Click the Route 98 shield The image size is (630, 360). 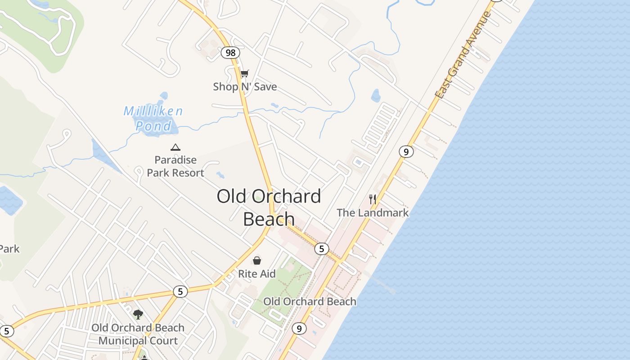230,53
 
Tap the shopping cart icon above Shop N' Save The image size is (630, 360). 244,73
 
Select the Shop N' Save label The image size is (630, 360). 245,86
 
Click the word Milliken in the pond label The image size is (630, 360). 153,111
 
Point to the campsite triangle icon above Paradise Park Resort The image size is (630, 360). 175,147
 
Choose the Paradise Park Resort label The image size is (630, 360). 175,166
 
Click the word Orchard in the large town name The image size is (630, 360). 286,196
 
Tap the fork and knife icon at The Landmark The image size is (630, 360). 373,199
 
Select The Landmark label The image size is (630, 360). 373,212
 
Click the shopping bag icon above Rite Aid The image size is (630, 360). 256,260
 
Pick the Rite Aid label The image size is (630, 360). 256,274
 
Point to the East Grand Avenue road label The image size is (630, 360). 463,55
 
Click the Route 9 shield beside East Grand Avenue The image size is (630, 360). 406,152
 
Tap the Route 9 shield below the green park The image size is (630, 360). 299,328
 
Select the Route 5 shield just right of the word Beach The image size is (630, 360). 321,248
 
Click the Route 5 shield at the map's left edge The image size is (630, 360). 6,331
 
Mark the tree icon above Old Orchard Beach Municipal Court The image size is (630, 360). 138,314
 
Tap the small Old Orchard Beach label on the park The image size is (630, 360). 310,301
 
